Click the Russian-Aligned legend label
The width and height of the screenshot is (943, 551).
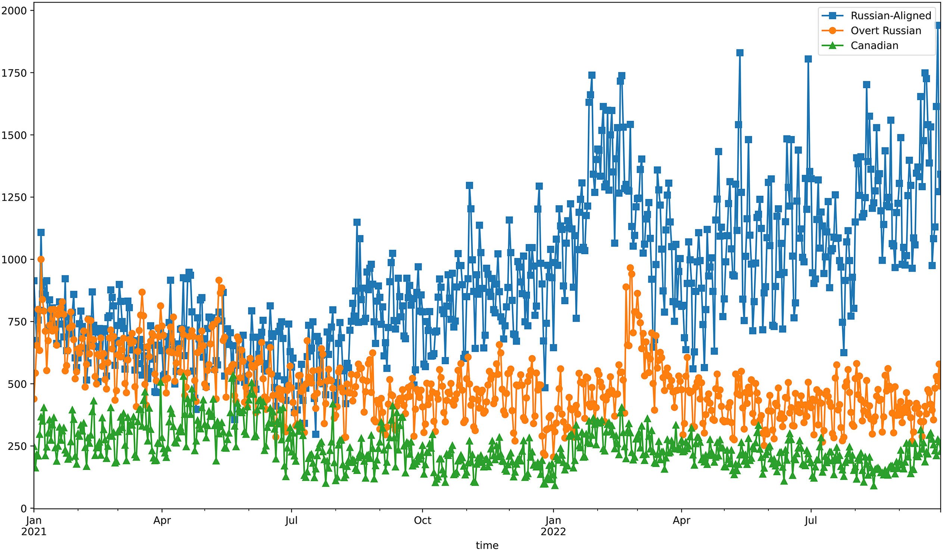(x=891, y=16)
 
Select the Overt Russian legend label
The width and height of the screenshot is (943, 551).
(x=886, y=31)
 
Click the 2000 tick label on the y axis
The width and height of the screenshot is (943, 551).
(x=14, y=10)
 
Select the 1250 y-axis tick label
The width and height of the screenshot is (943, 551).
(x=14, y=197)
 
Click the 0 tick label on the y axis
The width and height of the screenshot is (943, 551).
(x=24, y=508)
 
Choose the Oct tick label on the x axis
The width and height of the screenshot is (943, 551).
(x=422, y=521)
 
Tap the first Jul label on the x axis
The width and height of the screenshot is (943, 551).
(x=291, y=521)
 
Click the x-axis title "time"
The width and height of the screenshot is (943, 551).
(x=487, y=545)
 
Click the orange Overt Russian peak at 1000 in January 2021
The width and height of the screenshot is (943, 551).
(x=41, y=259)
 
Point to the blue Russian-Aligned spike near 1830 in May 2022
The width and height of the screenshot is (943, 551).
(x=739, y=53)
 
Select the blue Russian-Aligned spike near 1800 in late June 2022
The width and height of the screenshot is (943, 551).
(x=808, y=59)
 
